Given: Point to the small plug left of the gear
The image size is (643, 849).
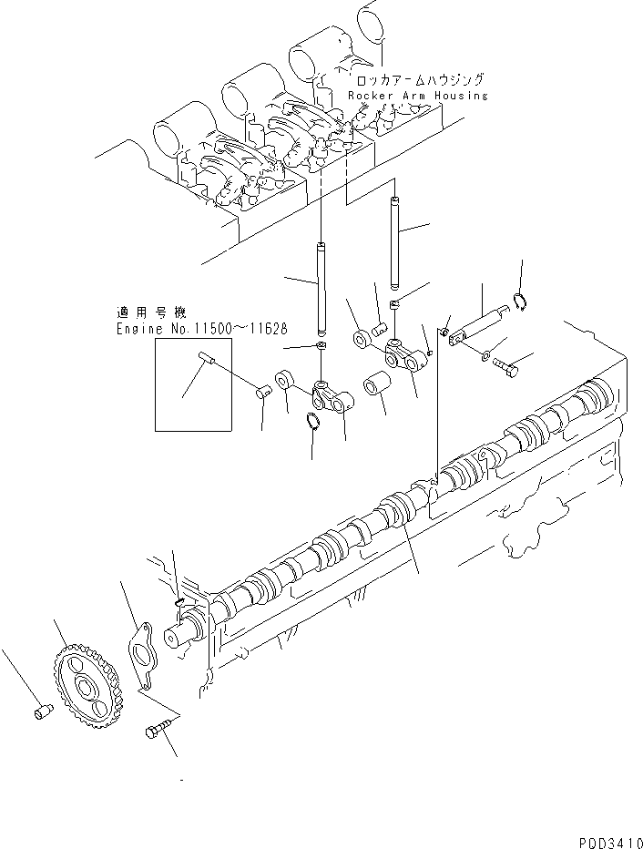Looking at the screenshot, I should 41,712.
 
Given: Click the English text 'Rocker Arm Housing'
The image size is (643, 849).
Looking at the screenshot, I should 417,96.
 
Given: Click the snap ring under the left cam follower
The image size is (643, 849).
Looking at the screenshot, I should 311,421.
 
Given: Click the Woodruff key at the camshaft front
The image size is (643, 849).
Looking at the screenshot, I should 180,600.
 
